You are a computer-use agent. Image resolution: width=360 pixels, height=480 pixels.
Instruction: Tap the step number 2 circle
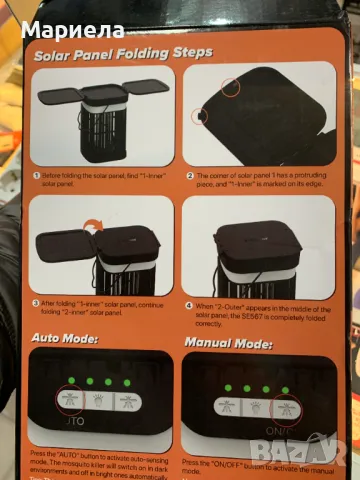pos(190,174)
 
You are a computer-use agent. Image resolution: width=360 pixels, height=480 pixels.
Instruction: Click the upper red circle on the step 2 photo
pos(232,87)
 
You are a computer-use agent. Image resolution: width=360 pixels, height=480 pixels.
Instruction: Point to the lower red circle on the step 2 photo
pos(199,117)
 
